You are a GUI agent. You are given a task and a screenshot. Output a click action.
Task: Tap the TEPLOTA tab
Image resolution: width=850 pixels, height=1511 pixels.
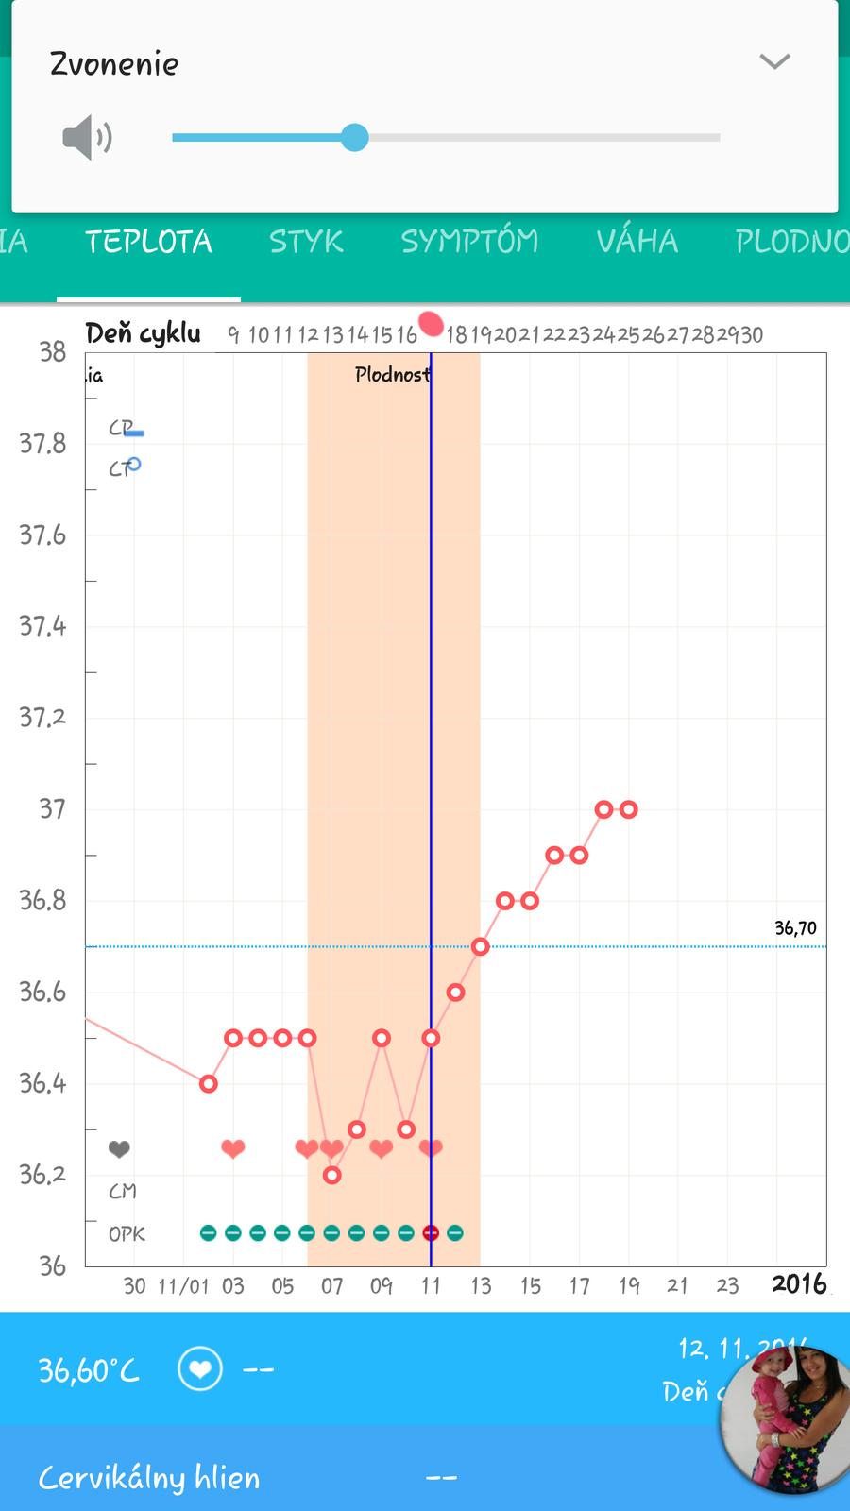(148, 242)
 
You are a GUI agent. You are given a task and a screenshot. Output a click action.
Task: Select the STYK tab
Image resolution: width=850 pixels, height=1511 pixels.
(306, 242)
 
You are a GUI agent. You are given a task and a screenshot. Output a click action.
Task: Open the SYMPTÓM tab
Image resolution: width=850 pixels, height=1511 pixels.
(469, 242)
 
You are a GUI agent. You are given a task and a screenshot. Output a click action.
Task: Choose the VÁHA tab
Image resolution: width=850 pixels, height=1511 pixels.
(637, 242)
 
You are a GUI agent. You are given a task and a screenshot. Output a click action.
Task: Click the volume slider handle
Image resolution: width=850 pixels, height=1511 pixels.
(354, 137)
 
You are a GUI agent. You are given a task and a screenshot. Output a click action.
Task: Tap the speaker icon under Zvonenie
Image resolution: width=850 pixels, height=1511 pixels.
(87, 138)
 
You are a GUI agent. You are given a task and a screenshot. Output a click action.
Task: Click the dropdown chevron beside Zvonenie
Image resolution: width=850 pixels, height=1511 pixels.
(774, 62)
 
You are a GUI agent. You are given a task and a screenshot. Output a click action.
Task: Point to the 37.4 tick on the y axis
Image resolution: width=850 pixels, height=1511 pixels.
(43, 626)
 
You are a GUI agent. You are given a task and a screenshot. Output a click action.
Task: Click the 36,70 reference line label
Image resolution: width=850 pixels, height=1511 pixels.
(795, 928)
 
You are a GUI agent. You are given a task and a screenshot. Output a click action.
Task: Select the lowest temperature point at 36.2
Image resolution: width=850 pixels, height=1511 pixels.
(331, 1175)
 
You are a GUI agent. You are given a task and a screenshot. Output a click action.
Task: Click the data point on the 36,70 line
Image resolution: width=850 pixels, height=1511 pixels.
(480, 946)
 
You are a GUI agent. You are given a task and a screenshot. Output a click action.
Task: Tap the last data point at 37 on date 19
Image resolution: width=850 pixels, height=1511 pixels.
(628, 809)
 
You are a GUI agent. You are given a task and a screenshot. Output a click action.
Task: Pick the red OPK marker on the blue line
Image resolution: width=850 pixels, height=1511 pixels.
(431, 1232)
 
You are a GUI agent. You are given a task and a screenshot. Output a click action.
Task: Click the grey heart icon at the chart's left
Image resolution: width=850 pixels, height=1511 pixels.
(118, 1149)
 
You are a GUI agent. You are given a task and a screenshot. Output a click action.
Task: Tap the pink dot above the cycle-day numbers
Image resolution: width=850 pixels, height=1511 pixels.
(431, 325)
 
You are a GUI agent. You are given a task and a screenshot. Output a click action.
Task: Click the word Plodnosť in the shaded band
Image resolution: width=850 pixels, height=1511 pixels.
(392, 375)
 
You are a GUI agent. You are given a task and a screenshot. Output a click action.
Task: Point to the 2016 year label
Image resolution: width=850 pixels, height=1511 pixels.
(799, 1284)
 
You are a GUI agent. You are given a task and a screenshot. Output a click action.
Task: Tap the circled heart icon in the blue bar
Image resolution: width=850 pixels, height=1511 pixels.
(200, 1369)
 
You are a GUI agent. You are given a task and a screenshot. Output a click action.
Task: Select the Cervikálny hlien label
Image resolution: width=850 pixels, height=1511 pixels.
(149, 1478)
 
